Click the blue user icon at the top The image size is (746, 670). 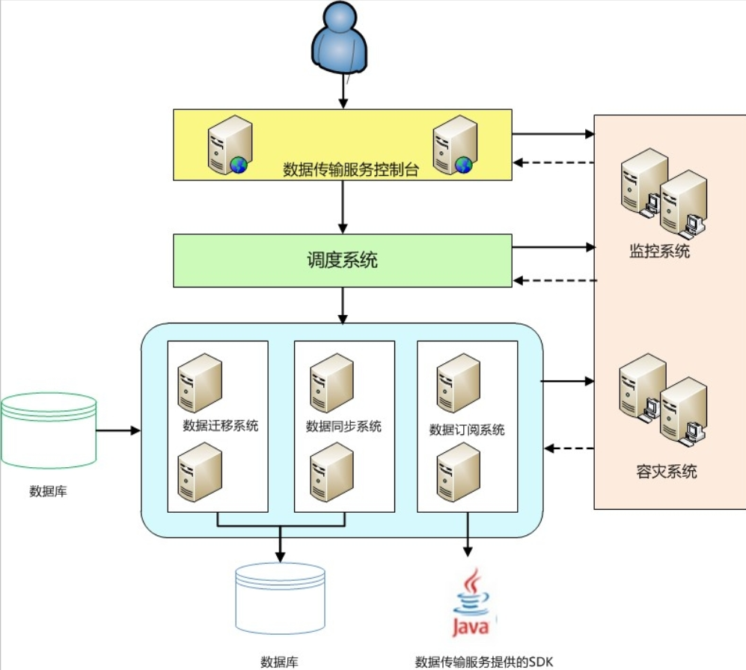(340, 37)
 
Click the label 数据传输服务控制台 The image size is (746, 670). (350, 169)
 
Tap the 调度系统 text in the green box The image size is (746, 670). (342, 261)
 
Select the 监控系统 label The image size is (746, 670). (659, 252)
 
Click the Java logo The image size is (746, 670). (471, 603)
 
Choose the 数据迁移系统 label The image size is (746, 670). (221, 426)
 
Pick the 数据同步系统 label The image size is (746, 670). (343, 427)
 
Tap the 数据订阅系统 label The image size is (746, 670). (467, 430)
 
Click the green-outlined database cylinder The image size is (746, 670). (49, 431)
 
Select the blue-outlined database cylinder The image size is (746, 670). (281, 600)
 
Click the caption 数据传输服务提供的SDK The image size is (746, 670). (484, 662)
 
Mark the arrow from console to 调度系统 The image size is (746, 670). (343, 207)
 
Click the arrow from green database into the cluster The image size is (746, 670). (118, 430)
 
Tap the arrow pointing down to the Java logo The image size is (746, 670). (468, 535)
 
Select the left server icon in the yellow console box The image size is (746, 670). (229, 144)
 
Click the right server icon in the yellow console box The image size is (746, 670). (454, 144)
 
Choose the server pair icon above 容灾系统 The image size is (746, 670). (663, 401)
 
